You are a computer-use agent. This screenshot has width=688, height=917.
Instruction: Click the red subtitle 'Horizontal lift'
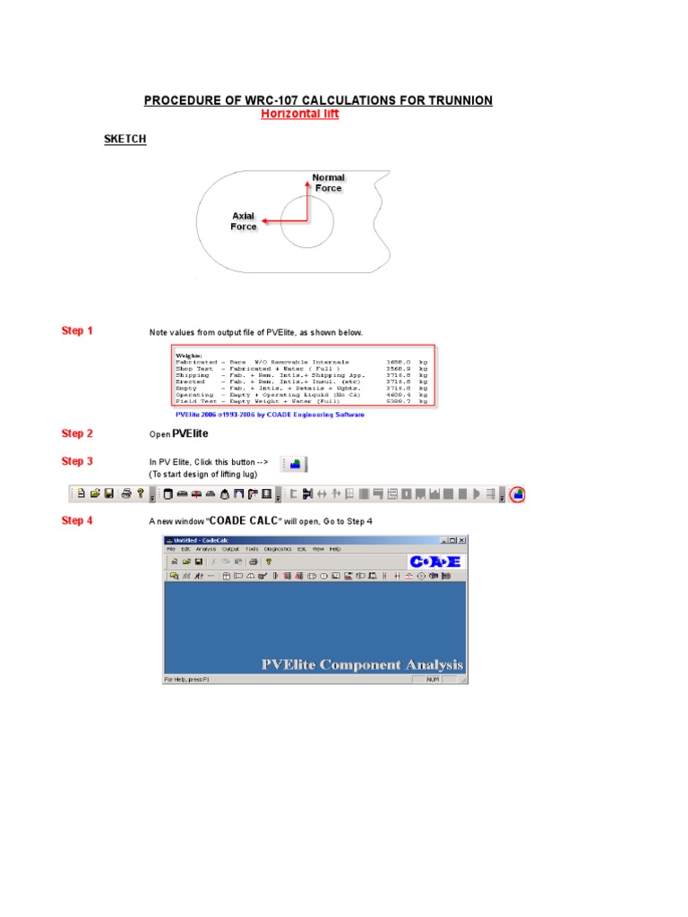point(299,114)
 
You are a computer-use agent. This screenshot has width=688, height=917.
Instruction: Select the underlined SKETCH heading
point(125,140)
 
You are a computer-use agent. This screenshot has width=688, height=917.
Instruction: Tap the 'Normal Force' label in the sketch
point(328,183)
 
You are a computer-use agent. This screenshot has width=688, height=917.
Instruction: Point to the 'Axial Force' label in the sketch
point(244,221)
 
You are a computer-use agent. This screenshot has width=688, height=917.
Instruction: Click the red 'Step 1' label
point(77,331)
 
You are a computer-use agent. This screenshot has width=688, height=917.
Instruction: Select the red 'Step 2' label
point(77,433)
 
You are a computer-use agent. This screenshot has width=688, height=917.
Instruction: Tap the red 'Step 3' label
point(77,462)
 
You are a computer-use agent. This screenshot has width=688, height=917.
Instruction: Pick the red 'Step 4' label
point(77,520)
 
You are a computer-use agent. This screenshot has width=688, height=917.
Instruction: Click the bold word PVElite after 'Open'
point(190,433)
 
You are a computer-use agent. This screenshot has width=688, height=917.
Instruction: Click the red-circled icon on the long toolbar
point(520,493)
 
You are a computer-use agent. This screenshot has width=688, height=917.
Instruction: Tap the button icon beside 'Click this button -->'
point(295,464)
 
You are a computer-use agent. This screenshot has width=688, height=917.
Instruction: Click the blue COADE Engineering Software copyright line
point(270,415)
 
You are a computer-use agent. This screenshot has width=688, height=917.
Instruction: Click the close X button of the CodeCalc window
point(461,540)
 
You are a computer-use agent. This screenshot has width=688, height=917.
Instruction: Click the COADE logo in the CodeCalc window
point(435,561)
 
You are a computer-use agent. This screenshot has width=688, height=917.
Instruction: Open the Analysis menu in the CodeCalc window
point(206,549)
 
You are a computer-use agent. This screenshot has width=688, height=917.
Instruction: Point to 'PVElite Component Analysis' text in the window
point(362,664)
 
